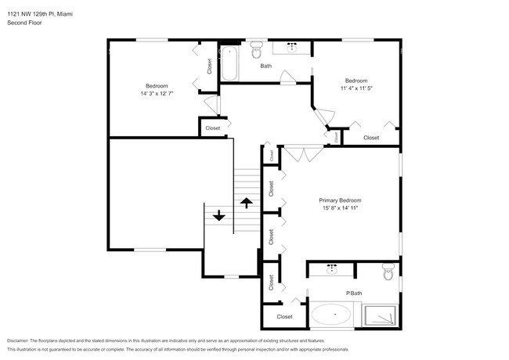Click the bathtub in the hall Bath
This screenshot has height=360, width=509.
pos(229,64)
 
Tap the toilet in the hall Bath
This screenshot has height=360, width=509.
pos(256,52)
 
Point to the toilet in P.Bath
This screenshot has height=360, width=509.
pos(388,272)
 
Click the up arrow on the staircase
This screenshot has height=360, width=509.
pos(246,203)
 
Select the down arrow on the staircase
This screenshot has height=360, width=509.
pos(219,214)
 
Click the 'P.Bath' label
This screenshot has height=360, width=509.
pos(354,294)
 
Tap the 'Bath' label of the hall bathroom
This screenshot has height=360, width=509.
pos(265,66)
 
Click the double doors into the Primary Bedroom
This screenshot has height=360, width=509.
pos(302,153)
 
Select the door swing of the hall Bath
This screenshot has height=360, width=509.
pos(287,77)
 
